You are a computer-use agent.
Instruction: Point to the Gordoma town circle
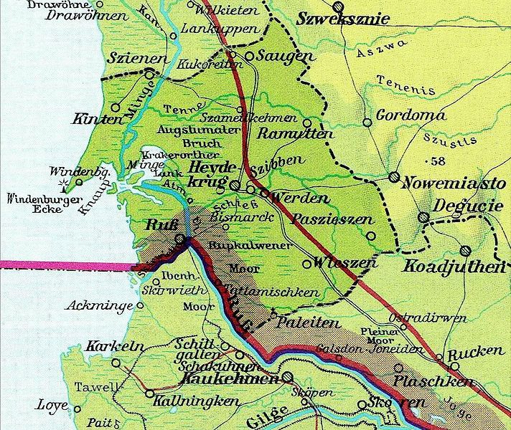click(367, 122)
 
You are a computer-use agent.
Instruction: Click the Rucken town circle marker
click(439, 356)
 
